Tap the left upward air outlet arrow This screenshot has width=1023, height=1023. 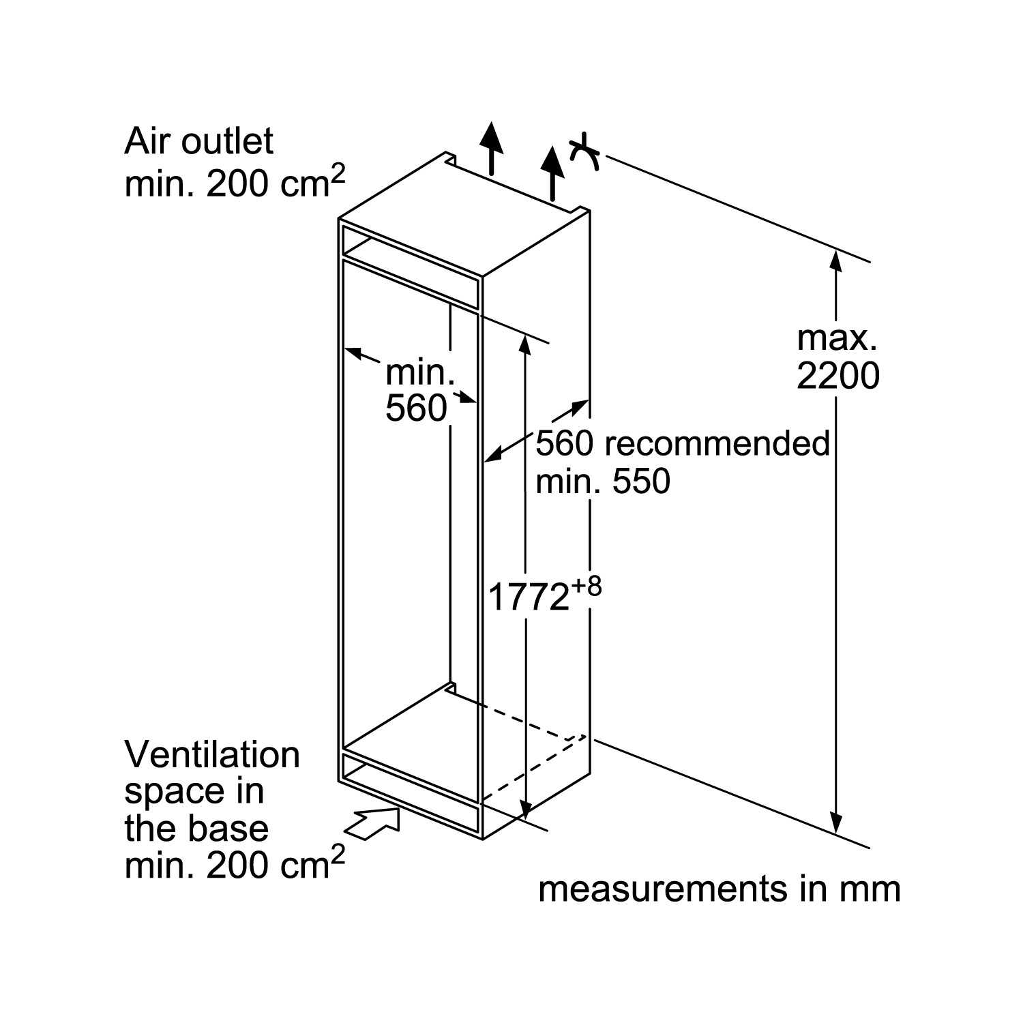(x=490, y=149)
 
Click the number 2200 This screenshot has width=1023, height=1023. (x=838, y=376)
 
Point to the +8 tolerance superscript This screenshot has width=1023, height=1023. (x=586, y=587)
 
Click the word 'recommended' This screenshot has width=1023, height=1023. (x=717, y=443)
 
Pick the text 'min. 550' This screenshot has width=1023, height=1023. (x=603, y=481)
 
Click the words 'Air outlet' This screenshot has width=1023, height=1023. (x=198, y=141)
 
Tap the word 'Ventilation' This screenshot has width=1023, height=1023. (x=212, y=755)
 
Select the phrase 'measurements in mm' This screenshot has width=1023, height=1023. (x=720, y=889)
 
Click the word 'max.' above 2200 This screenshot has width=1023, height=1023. (x=837, y=338)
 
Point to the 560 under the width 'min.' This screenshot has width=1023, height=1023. (x=416, y=409)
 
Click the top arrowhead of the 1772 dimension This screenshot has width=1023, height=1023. (x=524, y=345)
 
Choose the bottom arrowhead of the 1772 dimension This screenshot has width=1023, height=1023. (x=524, y=809)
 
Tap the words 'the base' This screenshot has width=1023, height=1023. (x=196, y=829)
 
